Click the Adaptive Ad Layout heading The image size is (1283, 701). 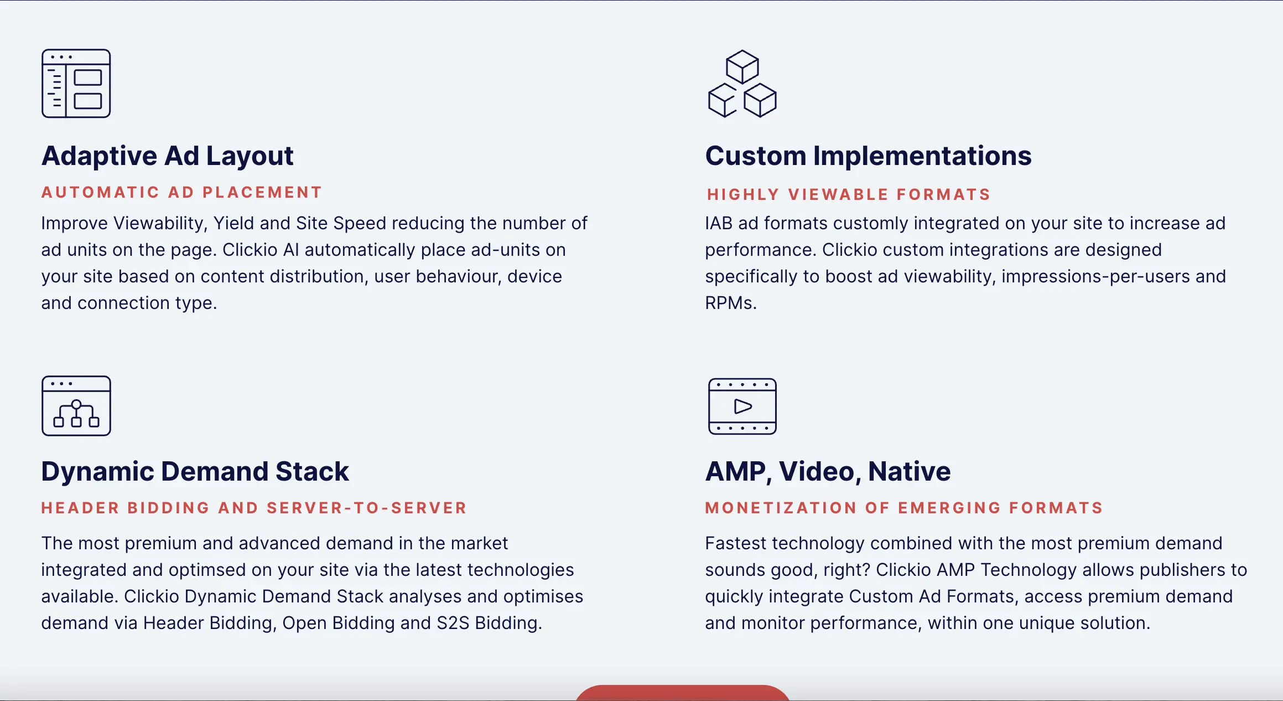[167, 156]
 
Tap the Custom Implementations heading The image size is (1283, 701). [868, 156]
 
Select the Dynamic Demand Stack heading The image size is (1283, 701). [195, 472]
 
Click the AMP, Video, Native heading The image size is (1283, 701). [828, 472]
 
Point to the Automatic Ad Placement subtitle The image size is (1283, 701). [181, 192]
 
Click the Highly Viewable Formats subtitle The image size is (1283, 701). [849, 194]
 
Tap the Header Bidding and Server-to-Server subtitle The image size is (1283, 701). [254, 508]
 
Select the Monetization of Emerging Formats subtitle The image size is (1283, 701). [904, 508]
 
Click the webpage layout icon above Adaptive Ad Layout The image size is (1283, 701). [76, 84]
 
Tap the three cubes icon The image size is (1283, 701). [742, 84]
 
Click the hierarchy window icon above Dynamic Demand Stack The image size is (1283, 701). [76, 406]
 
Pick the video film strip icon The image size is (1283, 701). [742, 406]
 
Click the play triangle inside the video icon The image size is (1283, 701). [742, 406]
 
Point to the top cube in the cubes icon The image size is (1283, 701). [742, 67]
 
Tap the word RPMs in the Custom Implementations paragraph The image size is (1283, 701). [730, 303]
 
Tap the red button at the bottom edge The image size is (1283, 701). [683, 693]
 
